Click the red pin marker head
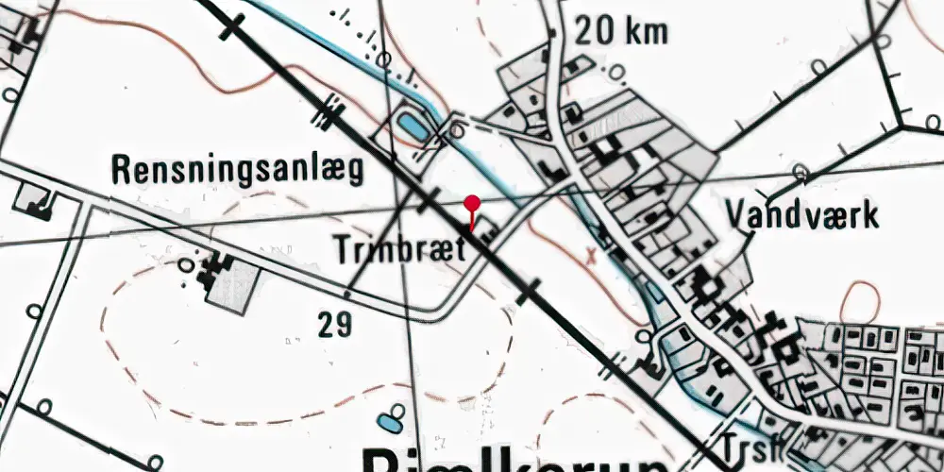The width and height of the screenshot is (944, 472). (x=473, y=202)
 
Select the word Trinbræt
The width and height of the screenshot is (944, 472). (x=400, y=250)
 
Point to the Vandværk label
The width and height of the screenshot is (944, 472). (x=802, y=215)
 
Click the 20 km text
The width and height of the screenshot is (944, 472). (x=621, y=32)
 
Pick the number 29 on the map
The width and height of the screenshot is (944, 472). (x=335, y=326)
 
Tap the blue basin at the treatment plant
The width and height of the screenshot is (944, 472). (x=412, y=124)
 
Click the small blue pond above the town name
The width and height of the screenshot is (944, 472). (x=387, y=421)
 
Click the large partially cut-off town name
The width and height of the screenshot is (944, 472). (x=515, y=460)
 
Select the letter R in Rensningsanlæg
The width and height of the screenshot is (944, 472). (x=121, y=169)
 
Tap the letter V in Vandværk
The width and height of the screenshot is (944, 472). (x=736, y=215)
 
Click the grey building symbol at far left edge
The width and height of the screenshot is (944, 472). (x=33, y=198)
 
